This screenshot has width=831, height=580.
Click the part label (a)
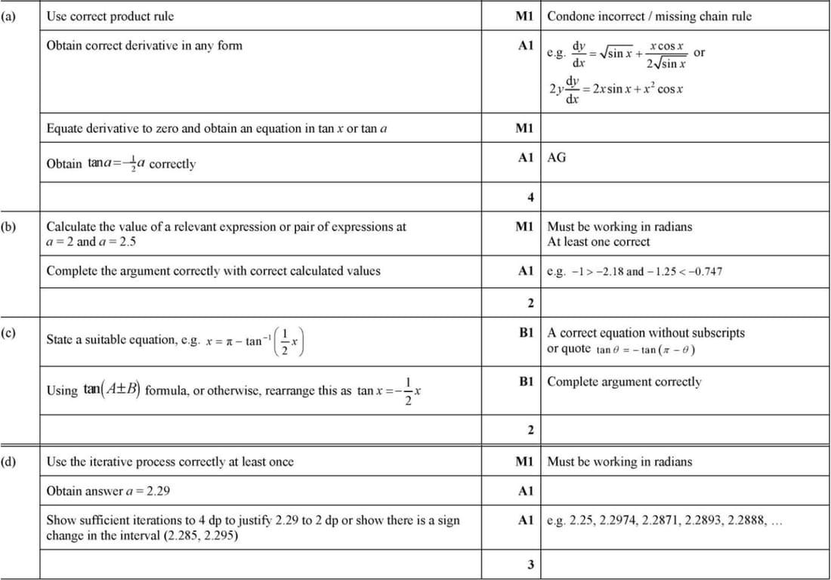(x=11, y=15)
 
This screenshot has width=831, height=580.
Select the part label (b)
(x=11, y=226)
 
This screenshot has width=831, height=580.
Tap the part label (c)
(x=11, y=332)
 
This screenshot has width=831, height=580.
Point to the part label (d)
(x=11, y=461)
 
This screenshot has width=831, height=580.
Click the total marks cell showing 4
(x=530, y=197)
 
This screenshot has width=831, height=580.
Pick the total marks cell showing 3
(x=530, y=565)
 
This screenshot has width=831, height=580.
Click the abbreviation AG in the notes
(x=556, y=157)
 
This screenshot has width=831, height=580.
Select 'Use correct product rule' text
(x=110, y=15)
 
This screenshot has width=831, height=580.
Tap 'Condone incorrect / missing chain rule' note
(x=649, y=15)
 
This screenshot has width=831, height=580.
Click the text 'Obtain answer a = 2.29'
(x=108, y=491)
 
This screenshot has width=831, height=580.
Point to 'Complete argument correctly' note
(x=624, y=381)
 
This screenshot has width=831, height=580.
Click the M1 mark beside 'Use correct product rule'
(x=524, y=15)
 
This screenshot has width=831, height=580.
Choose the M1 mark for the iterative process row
(x=524, y=461)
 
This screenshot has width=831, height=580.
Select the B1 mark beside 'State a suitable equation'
(x=526, y=332)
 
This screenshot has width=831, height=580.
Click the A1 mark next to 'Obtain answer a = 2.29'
(x=526, y=491)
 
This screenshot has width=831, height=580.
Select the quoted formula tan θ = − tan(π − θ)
(x=645, y=350)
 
